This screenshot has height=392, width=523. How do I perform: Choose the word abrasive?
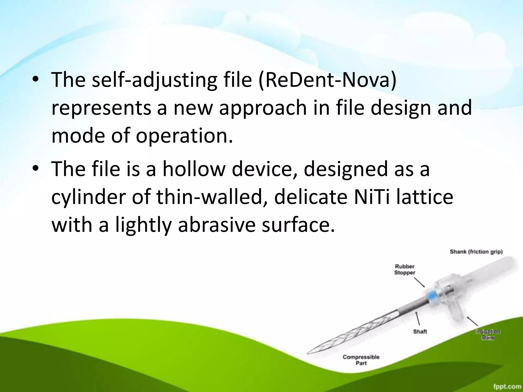[217, 225]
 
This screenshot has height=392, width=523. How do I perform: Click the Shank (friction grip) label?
[476, 252]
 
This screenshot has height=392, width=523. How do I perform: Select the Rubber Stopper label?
[405, 269]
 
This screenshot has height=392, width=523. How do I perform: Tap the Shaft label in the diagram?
[420, 332]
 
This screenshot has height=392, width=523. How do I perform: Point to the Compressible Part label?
[361, 360]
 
